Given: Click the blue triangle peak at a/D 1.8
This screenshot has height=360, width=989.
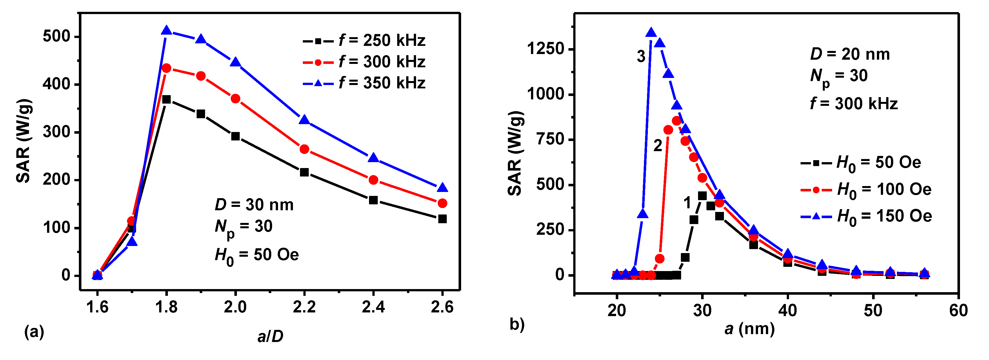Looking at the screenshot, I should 166,30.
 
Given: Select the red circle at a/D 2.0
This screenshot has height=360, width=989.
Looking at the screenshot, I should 235,99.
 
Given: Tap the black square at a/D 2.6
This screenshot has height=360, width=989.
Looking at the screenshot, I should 442,219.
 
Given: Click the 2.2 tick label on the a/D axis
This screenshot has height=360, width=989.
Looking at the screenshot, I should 304,307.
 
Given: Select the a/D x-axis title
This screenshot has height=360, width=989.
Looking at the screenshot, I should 270,336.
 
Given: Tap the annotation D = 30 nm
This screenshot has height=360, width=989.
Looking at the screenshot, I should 254,205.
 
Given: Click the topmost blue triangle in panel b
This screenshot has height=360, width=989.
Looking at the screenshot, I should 651,33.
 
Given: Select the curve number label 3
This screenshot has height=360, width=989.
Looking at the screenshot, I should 641,56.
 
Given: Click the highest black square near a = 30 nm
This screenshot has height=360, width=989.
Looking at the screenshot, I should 702,196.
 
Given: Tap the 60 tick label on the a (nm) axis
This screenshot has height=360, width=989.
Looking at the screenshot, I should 958,310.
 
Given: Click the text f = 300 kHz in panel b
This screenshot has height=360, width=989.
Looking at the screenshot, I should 854,104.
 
